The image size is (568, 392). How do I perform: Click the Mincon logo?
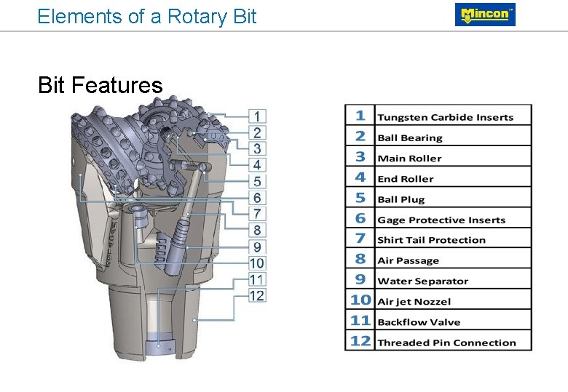[485, 15]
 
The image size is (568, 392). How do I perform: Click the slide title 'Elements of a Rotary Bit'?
[146, 16]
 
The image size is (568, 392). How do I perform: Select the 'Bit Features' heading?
[100, 86]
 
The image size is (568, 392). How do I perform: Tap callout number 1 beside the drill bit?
[258, 116]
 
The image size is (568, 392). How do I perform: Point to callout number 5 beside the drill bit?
[258, 181]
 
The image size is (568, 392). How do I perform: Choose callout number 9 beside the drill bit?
[258, 247]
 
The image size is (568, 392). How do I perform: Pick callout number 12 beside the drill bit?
[257, 295]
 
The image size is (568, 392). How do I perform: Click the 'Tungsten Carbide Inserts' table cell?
[445, 117]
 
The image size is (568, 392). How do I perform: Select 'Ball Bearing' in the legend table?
[409, 137]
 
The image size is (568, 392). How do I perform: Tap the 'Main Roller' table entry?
[409, 158]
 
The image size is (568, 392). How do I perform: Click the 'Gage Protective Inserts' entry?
[441, 220]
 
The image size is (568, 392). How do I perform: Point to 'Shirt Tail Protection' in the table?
[431, 240]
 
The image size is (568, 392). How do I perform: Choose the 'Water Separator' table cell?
[422, 281]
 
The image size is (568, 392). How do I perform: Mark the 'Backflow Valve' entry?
[419, 322]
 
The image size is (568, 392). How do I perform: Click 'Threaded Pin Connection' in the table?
[446, 343]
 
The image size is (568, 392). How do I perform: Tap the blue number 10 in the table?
[360, 300]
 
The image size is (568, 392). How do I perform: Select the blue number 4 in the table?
[360, 177]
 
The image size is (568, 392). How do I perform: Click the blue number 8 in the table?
[360, 259]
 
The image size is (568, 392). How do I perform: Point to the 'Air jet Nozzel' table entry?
[414, 301]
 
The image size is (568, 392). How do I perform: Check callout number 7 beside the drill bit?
[258, 214]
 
